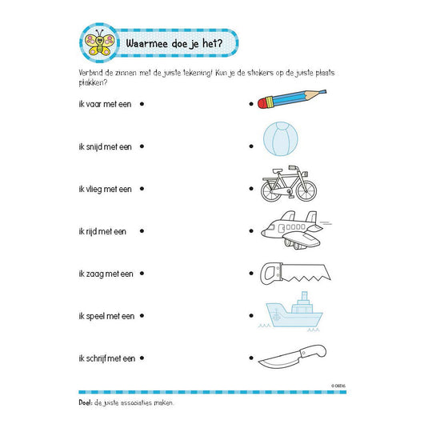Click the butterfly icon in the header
[x=101, y=42]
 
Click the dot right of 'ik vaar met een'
[x=142, y=103]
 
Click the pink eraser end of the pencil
[x=262, y=104]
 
